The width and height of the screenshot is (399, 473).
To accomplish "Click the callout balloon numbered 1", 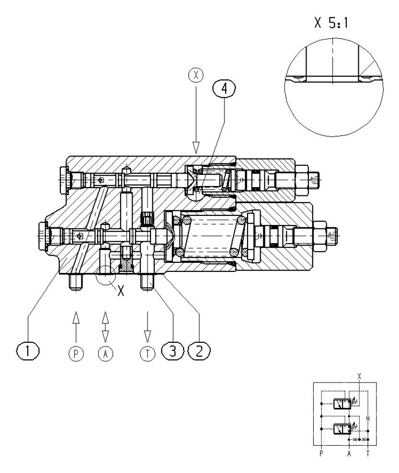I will tap(28, 351).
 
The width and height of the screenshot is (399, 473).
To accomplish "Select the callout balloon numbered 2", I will tap(199, 351).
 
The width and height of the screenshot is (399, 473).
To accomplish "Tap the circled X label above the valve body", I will tap(195, 76).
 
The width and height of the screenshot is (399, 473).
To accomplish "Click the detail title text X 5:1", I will tap(331, 23).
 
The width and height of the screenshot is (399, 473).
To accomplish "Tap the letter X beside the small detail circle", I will tap(120, 291).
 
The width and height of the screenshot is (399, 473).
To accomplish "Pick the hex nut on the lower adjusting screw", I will tap(319, 235).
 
